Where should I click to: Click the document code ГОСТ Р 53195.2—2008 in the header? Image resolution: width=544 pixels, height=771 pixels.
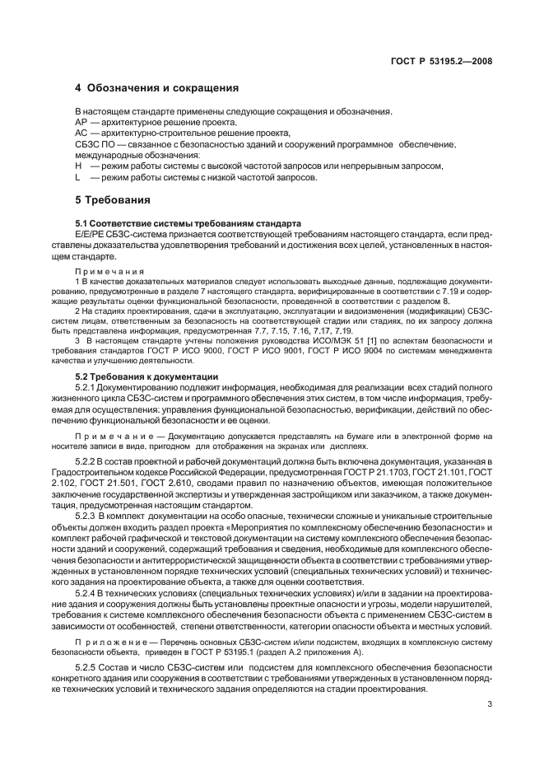pyautogui.click(x=440, y=62)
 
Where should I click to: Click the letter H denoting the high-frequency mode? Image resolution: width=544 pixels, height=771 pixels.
pyautogui.click(x=77, y=166)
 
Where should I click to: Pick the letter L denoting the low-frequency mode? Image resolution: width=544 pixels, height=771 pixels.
pyautogui.click(x=77, y=177)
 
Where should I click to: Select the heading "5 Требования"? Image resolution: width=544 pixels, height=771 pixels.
pyautogui.click(x=112, y=199)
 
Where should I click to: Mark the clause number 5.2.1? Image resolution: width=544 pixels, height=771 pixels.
pyautogui.click(x=111, y=386)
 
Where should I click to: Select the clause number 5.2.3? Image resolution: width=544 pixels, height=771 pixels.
pyautogui.click(x=111, y=515)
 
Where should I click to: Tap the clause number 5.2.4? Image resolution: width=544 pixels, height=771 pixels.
pyautogui.click(x=111, y=592)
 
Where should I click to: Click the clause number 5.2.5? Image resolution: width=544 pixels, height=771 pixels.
pyautogui.click(x=111, y=666)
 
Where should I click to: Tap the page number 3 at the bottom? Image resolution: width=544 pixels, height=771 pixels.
pyautogui.click(x=489, y=704)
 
